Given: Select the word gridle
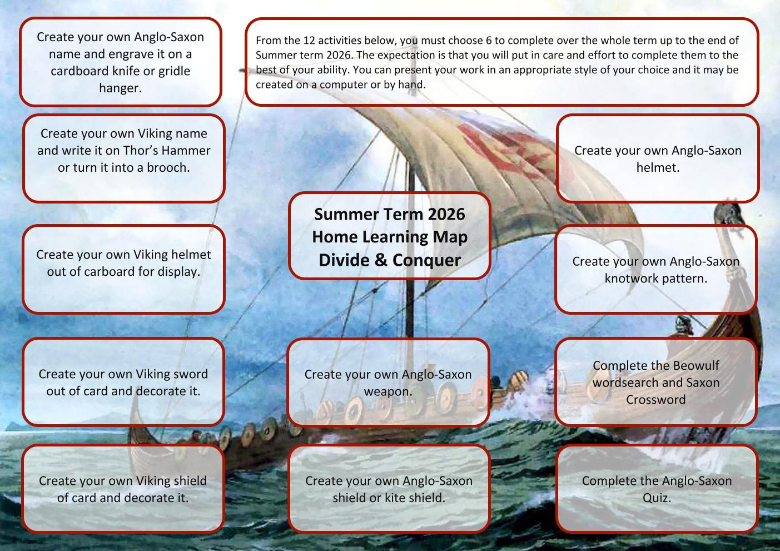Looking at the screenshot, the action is pyautogui.click(x=175, y=71).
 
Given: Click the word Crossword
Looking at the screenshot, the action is pyautogui.click(x=655, y=400).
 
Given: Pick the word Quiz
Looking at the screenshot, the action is pyautogui.click(x=657, y=498).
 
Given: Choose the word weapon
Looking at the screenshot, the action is pyautogui.click(x=388, y=392).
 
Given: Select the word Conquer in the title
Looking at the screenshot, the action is pyautogui.click(x=426, y=260).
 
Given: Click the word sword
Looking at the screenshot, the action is pyautogui.click(x=190, y=374).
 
